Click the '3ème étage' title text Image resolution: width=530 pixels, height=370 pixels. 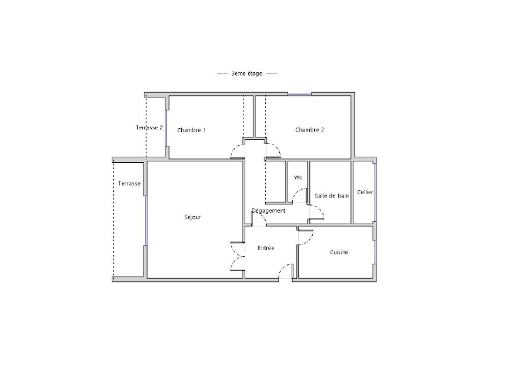[247, 74]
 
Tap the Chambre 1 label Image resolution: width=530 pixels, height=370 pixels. [191, 130]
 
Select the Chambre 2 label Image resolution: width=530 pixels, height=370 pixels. [309, 129]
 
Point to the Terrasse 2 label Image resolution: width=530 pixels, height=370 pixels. [149, 127]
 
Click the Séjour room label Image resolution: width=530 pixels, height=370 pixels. [193, 217]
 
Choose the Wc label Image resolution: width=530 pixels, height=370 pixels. [298, 178]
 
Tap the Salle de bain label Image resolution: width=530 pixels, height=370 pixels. [331, 196]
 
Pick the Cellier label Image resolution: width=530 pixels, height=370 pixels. [364, 192]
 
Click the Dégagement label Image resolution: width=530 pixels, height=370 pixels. [268, 211]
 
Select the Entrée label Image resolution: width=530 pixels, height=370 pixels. [266, 248]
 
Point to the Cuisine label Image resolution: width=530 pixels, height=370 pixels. [339, 252]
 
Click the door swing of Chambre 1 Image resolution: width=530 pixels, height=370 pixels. [238, 150]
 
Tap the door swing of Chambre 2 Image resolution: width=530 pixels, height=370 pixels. [274, 150]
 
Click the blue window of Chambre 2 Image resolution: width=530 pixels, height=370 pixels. [300, 94]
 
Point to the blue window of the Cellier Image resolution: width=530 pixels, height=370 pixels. [373, 191]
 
